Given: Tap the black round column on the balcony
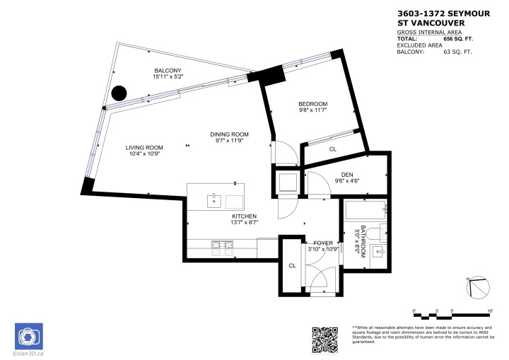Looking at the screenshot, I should pyautogui.click(x=120, y=93).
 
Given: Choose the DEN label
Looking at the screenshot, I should pyautogui.click(x=346, y=177).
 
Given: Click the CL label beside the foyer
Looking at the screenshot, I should pyautogui.click(x=291, y=266).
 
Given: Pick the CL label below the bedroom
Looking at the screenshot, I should pyautogui.click(x=332, y=149).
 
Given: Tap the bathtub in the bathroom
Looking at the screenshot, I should pyautogui.click(x=364, y=210).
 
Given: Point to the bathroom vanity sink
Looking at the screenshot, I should pyautogui.click(x=379, y=251).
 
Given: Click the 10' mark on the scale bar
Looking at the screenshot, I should pyautogui.click(x=490, y=310).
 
